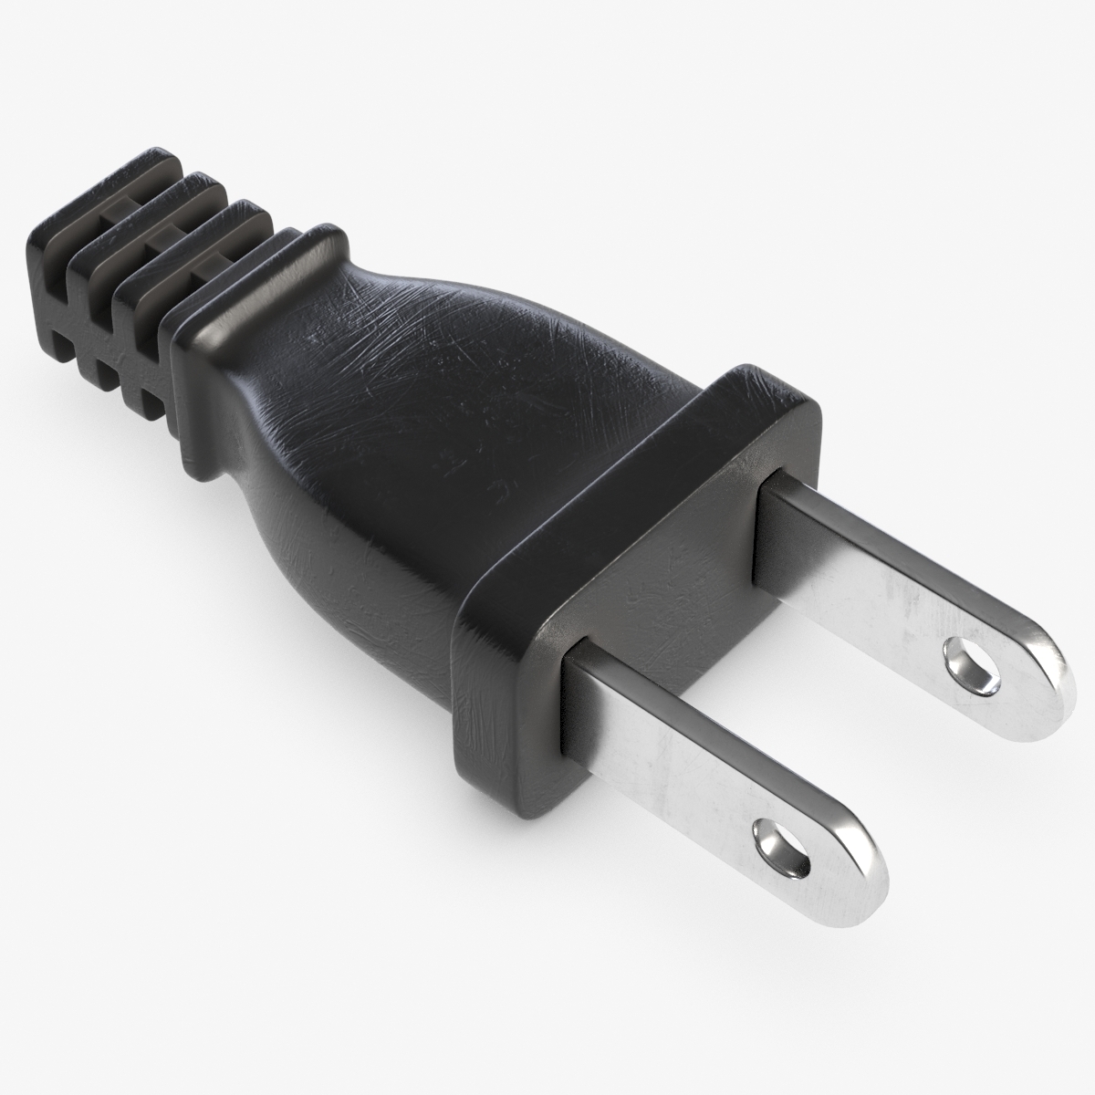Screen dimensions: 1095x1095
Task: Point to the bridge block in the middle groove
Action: [162, 239]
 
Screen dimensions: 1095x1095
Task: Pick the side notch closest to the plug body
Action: [146, 401]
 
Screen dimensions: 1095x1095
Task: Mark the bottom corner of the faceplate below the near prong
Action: [511, 785]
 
